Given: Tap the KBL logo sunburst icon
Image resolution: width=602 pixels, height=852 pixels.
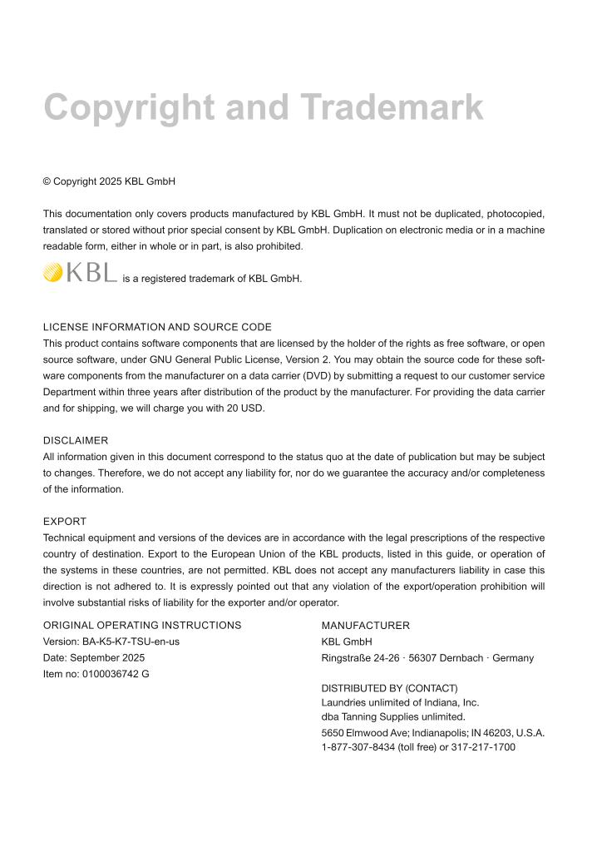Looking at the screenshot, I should [x=53, y=272].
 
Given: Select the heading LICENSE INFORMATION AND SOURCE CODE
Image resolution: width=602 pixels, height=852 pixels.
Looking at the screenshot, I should [x=157, y=327].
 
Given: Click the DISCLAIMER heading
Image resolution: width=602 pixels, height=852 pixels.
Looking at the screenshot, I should [x=76, y=440].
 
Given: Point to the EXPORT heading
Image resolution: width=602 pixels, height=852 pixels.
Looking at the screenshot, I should [x=65, y=522].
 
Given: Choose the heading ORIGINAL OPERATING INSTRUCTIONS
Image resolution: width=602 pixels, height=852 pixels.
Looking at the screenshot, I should [x=142, y=626].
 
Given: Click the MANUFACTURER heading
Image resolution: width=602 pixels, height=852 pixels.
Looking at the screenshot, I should [x=365, y=626].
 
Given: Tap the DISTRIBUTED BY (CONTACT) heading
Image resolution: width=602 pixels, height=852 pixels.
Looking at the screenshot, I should [x=389, y=688].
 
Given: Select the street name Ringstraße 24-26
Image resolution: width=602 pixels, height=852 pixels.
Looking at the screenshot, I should [x=356, y=657].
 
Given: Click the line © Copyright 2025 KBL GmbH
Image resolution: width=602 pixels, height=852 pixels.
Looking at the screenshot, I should [x=109, y=181].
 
